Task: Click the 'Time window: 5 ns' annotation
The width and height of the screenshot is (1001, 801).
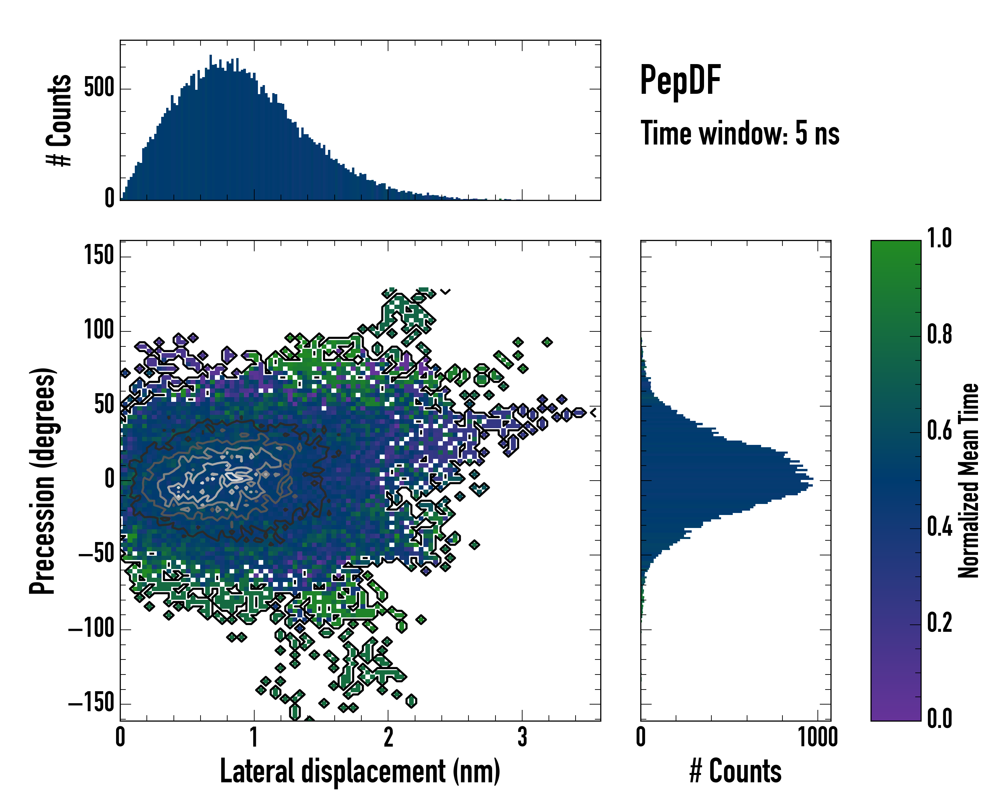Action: tap(740, 133)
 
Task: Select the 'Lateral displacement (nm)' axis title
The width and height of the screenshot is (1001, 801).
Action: tap(360, 771)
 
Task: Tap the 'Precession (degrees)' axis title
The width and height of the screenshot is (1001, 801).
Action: tap(42, 481)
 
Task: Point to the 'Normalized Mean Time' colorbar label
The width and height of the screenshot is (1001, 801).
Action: tap(969, 481)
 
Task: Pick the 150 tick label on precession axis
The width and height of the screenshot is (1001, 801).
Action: tap(99, 255)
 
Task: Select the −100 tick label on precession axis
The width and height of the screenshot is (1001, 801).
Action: tap(91, 629)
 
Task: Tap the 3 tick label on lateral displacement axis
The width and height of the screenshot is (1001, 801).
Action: tap(522, 737)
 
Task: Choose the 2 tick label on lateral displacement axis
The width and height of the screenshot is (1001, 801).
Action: tap(388, 737)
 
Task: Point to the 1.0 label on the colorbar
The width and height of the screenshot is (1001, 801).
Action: tap(939, 238)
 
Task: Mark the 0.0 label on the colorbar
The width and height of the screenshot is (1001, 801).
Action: tap(939, 718)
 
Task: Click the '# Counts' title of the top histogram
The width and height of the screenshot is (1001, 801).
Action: tap(59, 120)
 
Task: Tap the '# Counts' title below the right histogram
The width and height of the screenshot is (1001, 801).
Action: tap(735, 771)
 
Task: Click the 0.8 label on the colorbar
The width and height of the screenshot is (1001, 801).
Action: tap(939, 334)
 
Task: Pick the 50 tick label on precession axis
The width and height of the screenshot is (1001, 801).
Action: tap(104, 405)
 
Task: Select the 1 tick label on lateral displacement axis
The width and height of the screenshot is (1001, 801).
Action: tap(254, 737)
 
